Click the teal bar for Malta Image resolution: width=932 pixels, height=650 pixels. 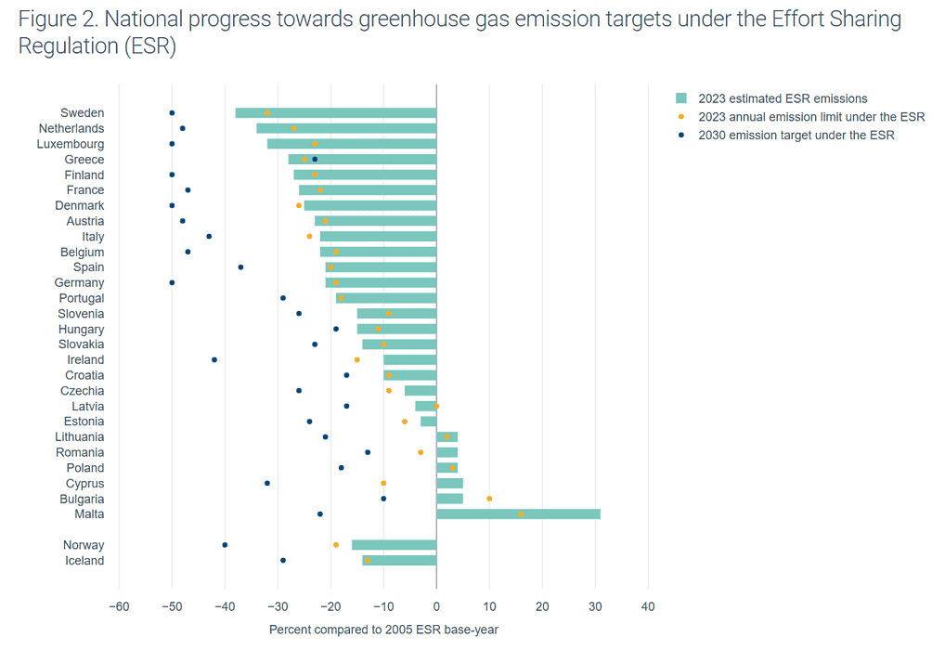(518, 514)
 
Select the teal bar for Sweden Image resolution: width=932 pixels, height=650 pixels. (335, 113)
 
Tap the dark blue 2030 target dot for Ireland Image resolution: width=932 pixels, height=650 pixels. (214, 360)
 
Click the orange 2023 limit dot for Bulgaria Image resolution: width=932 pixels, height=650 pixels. (489, 499)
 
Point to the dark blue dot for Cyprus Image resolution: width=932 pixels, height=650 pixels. (267, 484)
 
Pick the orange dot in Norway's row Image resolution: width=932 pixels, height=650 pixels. (336, 545)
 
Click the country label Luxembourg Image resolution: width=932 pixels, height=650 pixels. (71, 144)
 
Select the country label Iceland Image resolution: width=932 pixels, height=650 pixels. (84, 561)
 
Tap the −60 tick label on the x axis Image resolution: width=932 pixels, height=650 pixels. (118, 607)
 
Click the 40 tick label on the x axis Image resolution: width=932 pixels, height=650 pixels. (648, 607)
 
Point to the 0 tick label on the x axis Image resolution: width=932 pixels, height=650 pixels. (436, 607)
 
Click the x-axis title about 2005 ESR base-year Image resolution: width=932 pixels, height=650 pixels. (383, 630)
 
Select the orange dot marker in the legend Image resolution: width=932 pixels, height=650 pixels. (680, 117)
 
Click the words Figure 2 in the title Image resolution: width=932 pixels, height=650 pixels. (55, 19)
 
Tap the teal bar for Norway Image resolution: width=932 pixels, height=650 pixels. (394, 545)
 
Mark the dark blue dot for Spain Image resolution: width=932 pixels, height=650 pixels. (240, 267)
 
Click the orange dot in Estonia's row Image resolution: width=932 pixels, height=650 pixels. (405, 422)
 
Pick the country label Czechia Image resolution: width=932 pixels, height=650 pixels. (83, 391)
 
